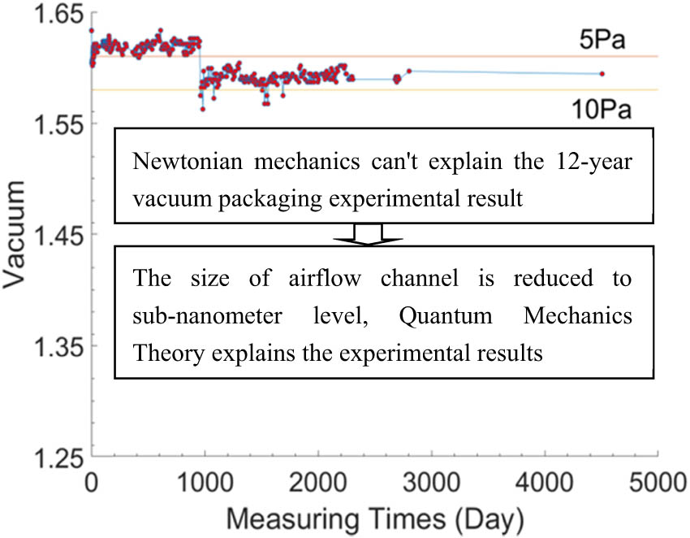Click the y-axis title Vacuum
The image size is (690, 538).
coord(17,235)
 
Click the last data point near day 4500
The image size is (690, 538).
coord(602,74)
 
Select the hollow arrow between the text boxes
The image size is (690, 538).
coord(363,234)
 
